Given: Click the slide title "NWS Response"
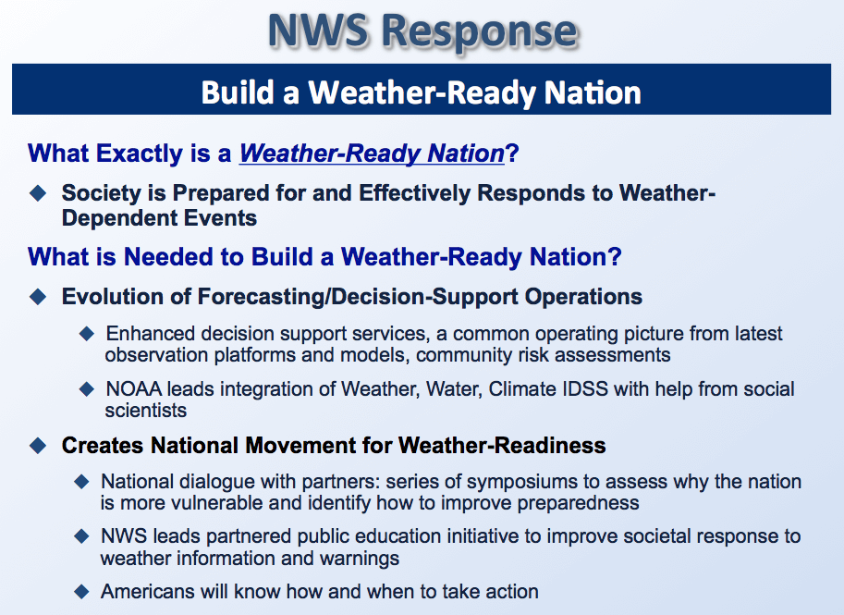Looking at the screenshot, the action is [423, 31].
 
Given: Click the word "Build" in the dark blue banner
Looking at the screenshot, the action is [237, 92].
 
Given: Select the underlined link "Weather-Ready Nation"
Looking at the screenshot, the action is [372, 154].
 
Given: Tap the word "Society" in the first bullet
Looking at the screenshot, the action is [102, 192].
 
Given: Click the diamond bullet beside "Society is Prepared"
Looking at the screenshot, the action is [38, 192].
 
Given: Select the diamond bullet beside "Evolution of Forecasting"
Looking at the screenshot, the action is [38, 297].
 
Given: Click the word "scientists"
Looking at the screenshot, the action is [146, 411].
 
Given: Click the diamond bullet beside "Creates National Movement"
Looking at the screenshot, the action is [38, 446].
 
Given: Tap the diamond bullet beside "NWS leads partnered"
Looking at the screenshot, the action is [82, 536].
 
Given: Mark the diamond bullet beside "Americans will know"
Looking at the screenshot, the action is [82, 591].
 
